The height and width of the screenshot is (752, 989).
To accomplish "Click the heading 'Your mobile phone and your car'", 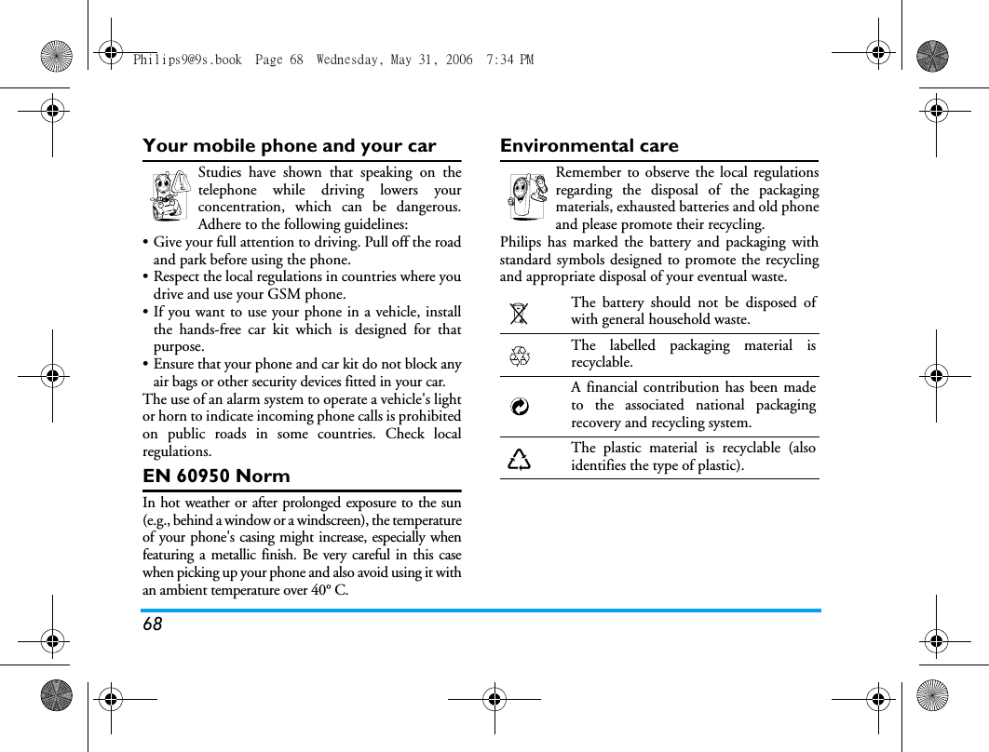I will click(289, 146).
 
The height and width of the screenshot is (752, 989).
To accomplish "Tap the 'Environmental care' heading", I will click(589, 146).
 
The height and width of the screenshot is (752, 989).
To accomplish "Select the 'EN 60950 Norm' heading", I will click(216, 477).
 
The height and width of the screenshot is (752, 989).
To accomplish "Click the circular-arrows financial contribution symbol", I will click(520, 406).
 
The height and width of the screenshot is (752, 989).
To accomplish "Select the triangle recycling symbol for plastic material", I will click(520, 458).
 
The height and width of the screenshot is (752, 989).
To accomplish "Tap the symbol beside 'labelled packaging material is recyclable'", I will click(520, 355).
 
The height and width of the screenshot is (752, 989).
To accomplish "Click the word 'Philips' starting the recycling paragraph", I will click(519, 243).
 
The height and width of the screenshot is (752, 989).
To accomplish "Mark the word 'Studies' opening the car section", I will click(220, 172).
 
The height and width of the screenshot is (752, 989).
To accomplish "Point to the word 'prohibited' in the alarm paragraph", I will click(430, 417).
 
